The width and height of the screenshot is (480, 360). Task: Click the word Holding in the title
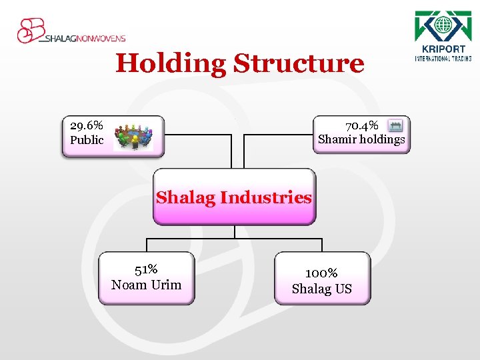(x=171, y=64)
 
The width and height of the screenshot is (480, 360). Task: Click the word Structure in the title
(x=299, y=64)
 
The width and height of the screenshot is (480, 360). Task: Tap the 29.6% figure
(x=87, y=125)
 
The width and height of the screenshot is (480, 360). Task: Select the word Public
(x=87, y=140)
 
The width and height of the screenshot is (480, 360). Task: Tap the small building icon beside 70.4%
(x=395, y=125)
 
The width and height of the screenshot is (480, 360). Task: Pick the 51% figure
(x=146, y=269)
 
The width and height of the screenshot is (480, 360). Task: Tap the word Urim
(x=166, y=285)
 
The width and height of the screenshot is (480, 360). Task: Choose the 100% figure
(x=321, y=273)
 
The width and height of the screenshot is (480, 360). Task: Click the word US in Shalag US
(x=343, y=289)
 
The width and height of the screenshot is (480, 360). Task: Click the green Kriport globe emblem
(x=443, y=27)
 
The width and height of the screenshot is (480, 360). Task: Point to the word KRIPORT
(x=443, y=49)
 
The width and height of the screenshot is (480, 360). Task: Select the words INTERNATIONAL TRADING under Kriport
(x=443, y=58)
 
